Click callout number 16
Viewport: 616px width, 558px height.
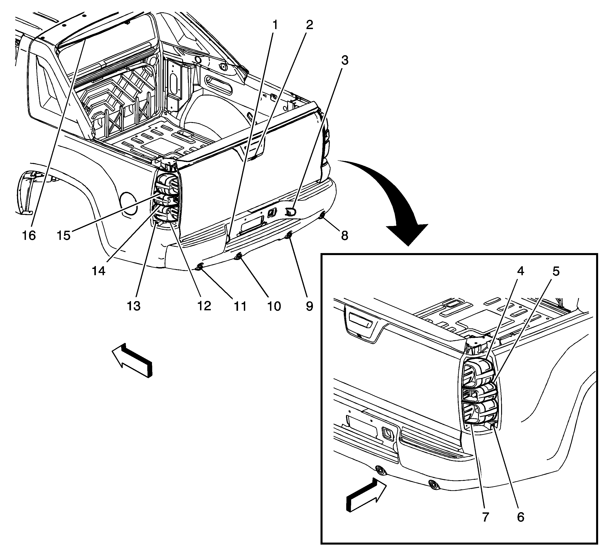pyautogui.click(x=29, y=235)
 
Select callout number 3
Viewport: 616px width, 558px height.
pyautogui.click(x=344, y=61)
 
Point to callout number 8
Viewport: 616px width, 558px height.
pyautogui.click(x=344, y=235)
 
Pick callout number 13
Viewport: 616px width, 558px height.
pyautogui.click(x=133, y=306)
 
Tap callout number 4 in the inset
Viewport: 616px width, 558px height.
pyautogui.click(x=520, y=271)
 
